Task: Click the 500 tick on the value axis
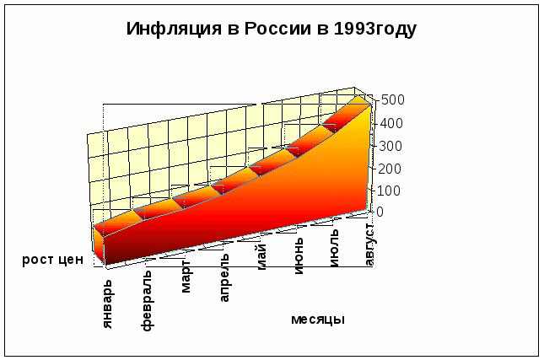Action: [393, 99]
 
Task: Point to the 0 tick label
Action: [380, 212]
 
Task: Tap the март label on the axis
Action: [186, 279]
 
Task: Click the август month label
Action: [370, 244]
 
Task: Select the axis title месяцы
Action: [318, 320]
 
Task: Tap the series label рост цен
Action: [52, 260]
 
